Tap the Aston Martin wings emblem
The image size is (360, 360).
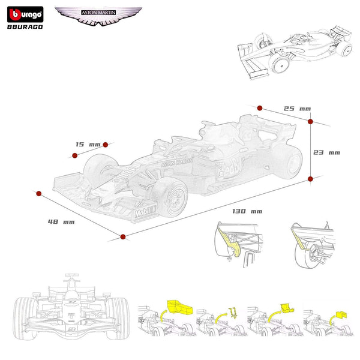coord(98,16)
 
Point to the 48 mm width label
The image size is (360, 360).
coord(61,222)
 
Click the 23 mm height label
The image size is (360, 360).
coord(326,152)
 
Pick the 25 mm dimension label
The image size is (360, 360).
coord(297,109)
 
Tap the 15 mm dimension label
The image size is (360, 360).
coord(88,145)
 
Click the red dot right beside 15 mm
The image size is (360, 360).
coord(106,144)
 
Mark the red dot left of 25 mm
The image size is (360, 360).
coord(260,108)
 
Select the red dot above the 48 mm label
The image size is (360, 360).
coord(39,194)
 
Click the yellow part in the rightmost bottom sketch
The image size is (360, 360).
coord(340,314)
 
